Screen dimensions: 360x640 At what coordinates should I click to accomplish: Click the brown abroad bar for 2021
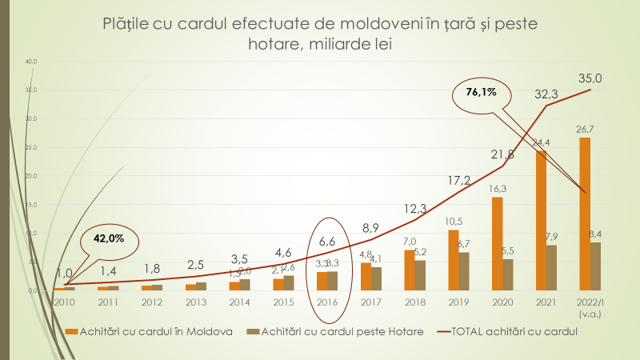(x=552, y=267)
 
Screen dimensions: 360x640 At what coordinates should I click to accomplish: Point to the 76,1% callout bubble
(x=482, y=92)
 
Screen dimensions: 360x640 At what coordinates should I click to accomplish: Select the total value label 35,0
(x=590, y=78)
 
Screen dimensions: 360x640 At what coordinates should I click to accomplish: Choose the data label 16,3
(x=497, y=188)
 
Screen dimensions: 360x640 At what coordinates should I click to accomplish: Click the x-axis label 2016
(x=326, y=302)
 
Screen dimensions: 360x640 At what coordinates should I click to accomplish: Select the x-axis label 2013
(x=195, y=302)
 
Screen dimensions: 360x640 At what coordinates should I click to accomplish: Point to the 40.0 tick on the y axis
(x=31, y=62)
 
